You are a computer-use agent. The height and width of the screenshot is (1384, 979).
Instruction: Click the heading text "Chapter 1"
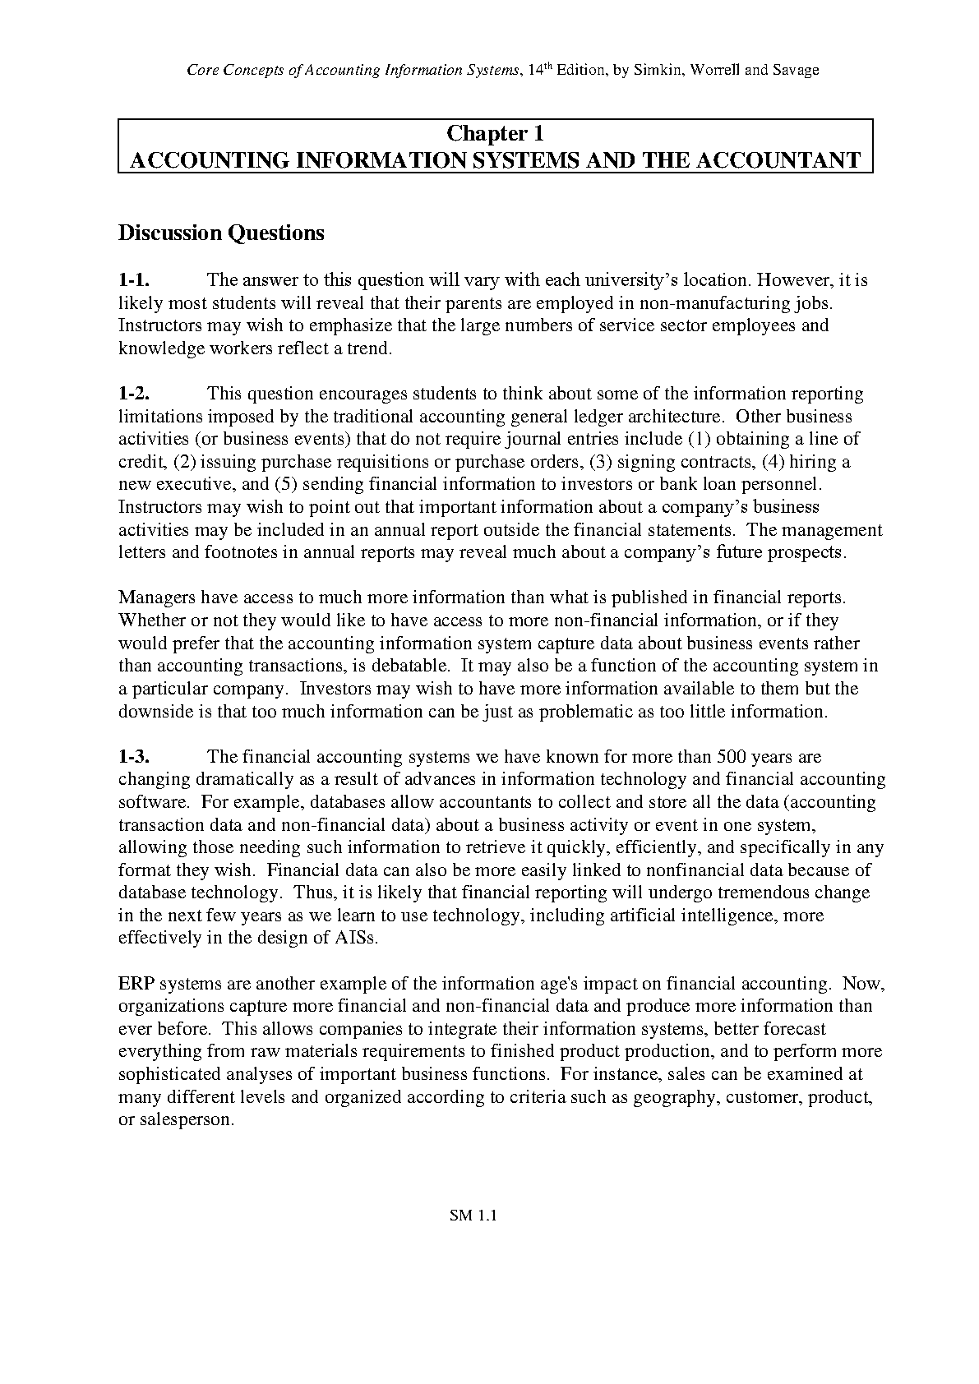[x=495, y=133]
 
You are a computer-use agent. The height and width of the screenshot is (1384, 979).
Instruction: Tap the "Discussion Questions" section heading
[x=221, y=233]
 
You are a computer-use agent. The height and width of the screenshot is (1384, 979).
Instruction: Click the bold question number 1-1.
[x=133, y=280]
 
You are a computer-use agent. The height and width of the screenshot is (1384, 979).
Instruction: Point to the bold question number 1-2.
[x=133, y=394]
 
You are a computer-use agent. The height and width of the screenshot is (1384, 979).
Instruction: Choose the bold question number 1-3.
[x=133, y=756]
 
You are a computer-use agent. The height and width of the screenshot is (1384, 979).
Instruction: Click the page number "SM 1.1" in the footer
[x=473, y=1216]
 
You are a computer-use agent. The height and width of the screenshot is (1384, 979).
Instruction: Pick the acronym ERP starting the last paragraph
[x=135, y=984]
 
